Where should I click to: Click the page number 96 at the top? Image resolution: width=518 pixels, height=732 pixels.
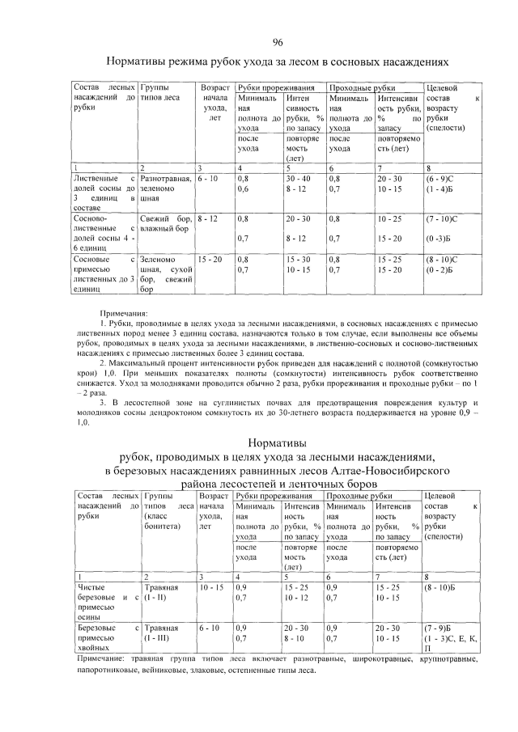click(278, 42)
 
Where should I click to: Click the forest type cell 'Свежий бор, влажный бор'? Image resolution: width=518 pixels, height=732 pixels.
click(165, 224)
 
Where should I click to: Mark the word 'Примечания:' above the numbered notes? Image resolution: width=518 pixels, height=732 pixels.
click(124, 311)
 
